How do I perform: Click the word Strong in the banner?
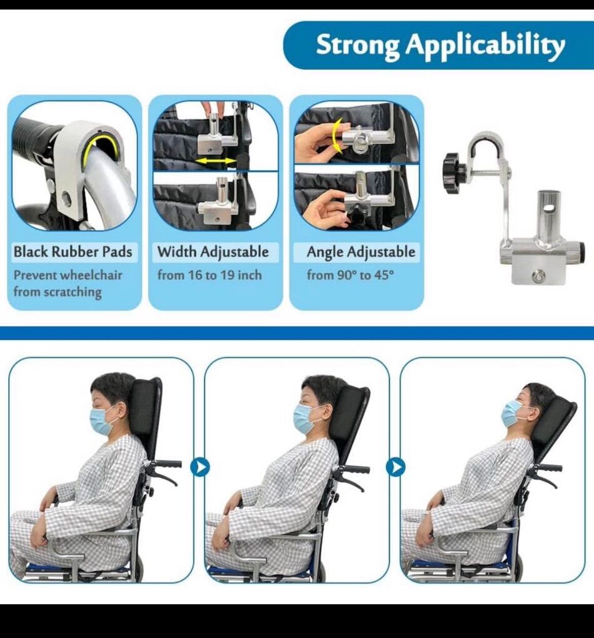358,46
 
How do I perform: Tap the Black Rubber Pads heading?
73,252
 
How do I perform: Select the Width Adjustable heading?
213,252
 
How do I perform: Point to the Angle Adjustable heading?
361,252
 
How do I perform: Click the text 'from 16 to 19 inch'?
209,275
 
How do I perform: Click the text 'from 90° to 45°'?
350,275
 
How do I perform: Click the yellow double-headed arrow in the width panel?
217,161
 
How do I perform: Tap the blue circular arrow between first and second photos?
199,467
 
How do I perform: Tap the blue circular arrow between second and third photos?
395,467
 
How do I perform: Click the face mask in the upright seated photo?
101,421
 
